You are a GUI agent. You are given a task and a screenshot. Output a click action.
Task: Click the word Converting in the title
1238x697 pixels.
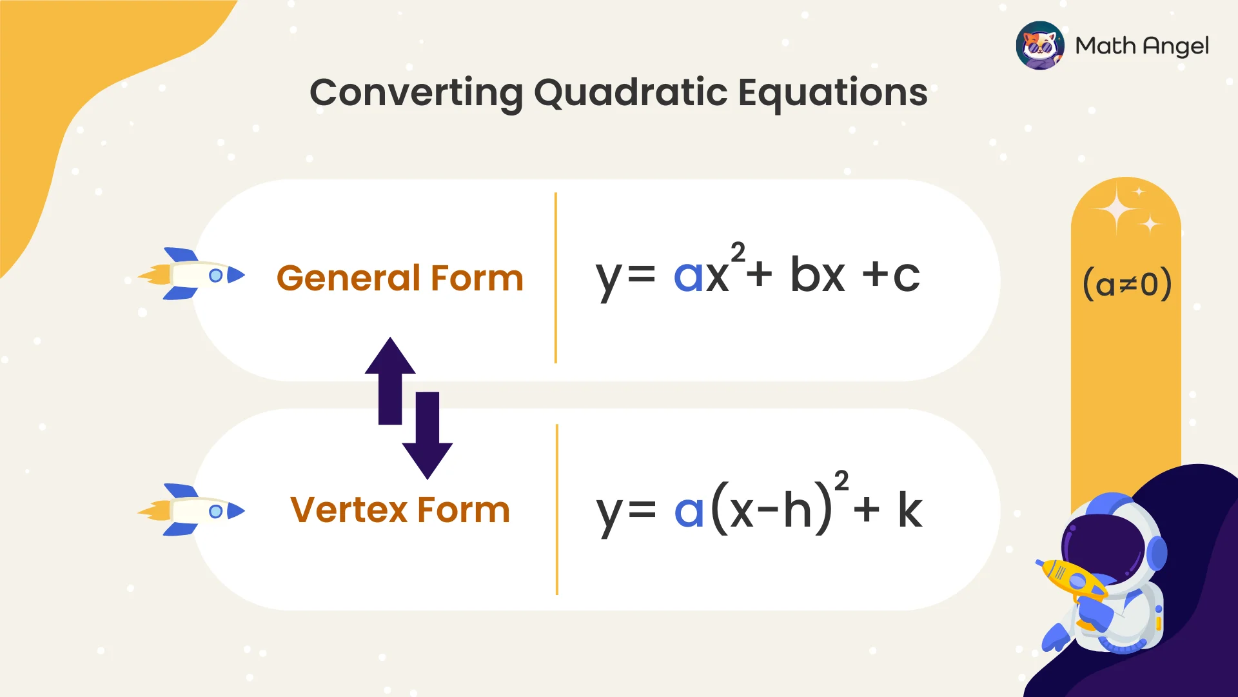(x=416, y=92)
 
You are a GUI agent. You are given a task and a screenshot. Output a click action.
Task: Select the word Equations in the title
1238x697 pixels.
(x=832, y=92)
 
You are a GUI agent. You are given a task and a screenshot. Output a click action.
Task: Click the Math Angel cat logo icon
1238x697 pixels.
(x=1039, y=46)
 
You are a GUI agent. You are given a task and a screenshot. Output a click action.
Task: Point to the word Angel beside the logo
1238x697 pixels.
(x=1175, y=46)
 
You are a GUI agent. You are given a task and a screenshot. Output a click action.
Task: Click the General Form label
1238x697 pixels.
(x=400, y=278)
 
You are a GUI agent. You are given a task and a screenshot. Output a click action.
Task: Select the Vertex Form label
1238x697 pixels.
(x=400, y=510)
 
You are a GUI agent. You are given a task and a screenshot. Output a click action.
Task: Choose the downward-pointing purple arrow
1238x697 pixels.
(x=427, y=436)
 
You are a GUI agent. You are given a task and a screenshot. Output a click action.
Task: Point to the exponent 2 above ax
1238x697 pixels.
(x=738, y=252)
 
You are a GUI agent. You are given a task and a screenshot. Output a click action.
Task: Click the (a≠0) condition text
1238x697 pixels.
(x=1126, y=284)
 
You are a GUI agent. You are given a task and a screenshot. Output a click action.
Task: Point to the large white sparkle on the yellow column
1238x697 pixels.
(x=1117, y=210)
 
